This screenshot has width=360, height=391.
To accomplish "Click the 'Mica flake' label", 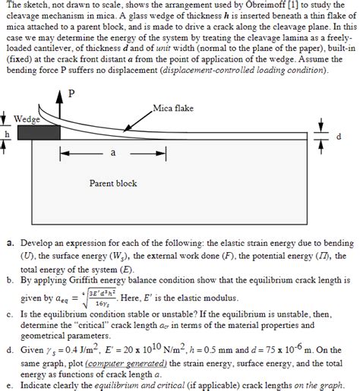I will (x=173, y=109).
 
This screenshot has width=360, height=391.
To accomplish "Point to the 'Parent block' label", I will (x=112, y=183).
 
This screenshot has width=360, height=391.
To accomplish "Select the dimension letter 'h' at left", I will (x=5, y=134).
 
